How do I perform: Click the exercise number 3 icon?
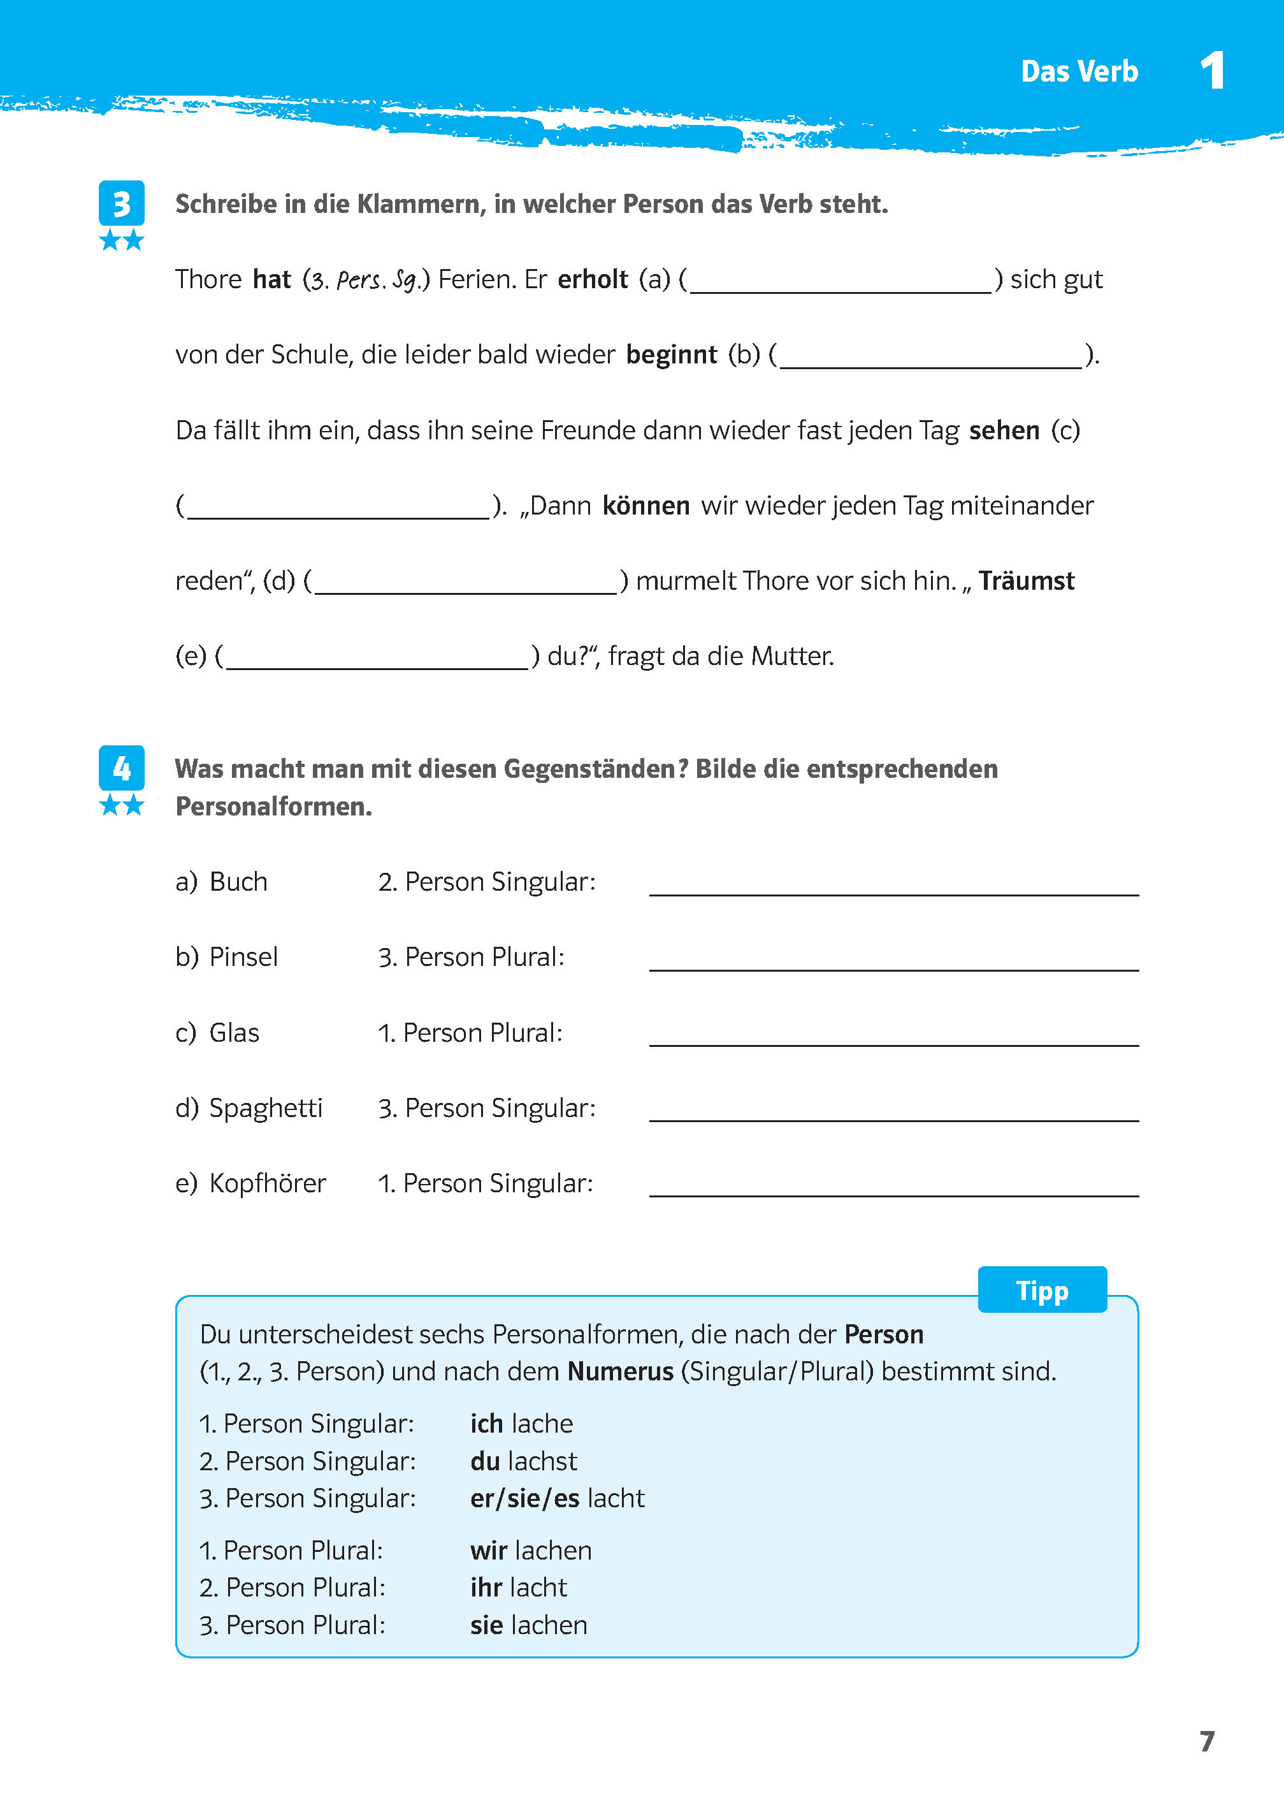click(x=121, y=203)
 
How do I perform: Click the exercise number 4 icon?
click(x=121, y=768)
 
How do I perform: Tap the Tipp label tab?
click(x=1041, y=1290)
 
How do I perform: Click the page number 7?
click(x=1206, y=1741)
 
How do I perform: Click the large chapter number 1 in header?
click(x=1212, y=71)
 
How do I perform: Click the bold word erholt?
click(x=592, y=279)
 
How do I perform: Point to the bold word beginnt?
click(x=671, y=354)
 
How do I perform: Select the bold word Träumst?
click(x=1027, y=581)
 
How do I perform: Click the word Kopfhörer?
click(x=267, y=1183)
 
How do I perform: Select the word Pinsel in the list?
click(x=243, y=957)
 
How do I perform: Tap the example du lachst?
click(x=523, y=1461)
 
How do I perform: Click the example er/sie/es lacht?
click(x=556, y=1498)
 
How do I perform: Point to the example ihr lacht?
click(x=518, y=1588)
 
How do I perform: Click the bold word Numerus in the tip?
click(x=620, y=1371)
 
